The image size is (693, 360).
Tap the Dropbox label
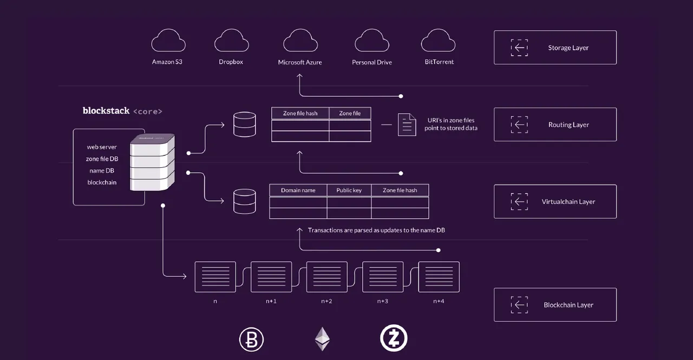click(x=231, y=62)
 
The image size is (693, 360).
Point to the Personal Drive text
click(x=372, y=62)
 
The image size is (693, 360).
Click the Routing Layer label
click(x=568, y=125)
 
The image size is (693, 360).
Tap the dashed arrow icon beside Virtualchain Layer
click(x=519, y=201)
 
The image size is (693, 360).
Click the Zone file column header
click(x=350, y=113)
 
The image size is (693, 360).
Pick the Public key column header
click(x=349, y=190)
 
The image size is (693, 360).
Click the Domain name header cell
click(x=298, y=190)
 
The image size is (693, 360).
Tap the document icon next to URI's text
click(x=407, y=125)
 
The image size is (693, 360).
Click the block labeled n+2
click(x=326, y=277)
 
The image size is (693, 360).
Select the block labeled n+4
click(x=439, y=277)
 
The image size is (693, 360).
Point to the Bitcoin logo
click(x=251, y=339)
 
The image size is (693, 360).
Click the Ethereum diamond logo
click(x=322, y=339)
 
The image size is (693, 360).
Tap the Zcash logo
click(x=394, y=338)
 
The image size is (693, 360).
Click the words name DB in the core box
click(x=102, y=171)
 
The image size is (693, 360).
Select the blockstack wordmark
click(x=106, y=111)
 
